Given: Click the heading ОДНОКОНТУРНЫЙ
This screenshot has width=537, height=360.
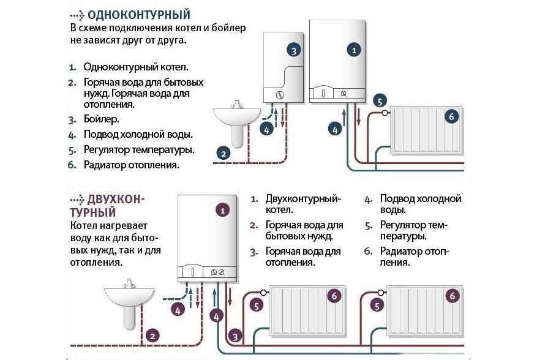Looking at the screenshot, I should point(138,15).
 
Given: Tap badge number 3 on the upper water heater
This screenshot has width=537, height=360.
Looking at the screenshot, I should point(293,50).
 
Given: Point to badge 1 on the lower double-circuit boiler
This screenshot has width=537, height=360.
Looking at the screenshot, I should point(223,210).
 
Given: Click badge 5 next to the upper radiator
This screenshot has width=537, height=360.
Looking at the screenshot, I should point(380,101).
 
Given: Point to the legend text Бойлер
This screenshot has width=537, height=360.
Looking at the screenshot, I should point(101,119).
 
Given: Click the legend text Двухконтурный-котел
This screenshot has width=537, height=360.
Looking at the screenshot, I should point(302,204).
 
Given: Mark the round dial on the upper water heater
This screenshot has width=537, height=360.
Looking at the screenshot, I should point(280,96).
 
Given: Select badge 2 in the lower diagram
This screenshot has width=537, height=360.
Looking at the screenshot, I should point(153,335).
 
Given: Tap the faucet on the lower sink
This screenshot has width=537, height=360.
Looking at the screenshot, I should point(129,283).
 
